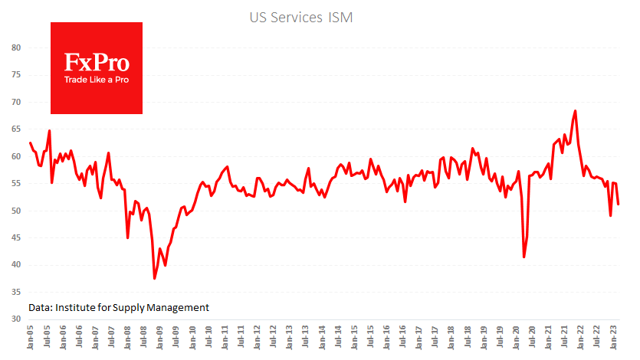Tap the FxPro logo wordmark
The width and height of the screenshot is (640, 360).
click(96, 62)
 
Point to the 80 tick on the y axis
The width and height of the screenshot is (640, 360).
click(15, 47)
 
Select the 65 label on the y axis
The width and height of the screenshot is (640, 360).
click(15, 129)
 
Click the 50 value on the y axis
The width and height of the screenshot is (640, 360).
click(15, 211)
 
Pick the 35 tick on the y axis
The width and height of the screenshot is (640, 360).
click(15, 292)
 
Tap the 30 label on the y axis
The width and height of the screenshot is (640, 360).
click(15, 319)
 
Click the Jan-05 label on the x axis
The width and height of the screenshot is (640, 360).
click(31, 339)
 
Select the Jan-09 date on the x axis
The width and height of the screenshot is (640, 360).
click(160, 339)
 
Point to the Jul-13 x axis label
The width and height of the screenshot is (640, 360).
click(307, 339)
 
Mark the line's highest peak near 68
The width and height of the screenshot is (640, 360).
click(575, 111)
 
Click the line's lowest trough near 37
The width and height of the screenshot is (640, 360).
click(155, 278)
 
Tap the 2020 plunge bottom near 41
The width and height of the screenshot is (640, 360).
click(524, 257)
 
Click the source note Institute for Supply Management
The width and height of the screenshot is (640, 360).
click(119, 307)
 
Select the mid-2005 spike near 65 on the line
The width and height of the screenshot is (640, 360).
click(50, 131)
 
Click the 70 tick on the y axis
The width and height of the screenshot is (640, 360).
click(15, 102)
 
